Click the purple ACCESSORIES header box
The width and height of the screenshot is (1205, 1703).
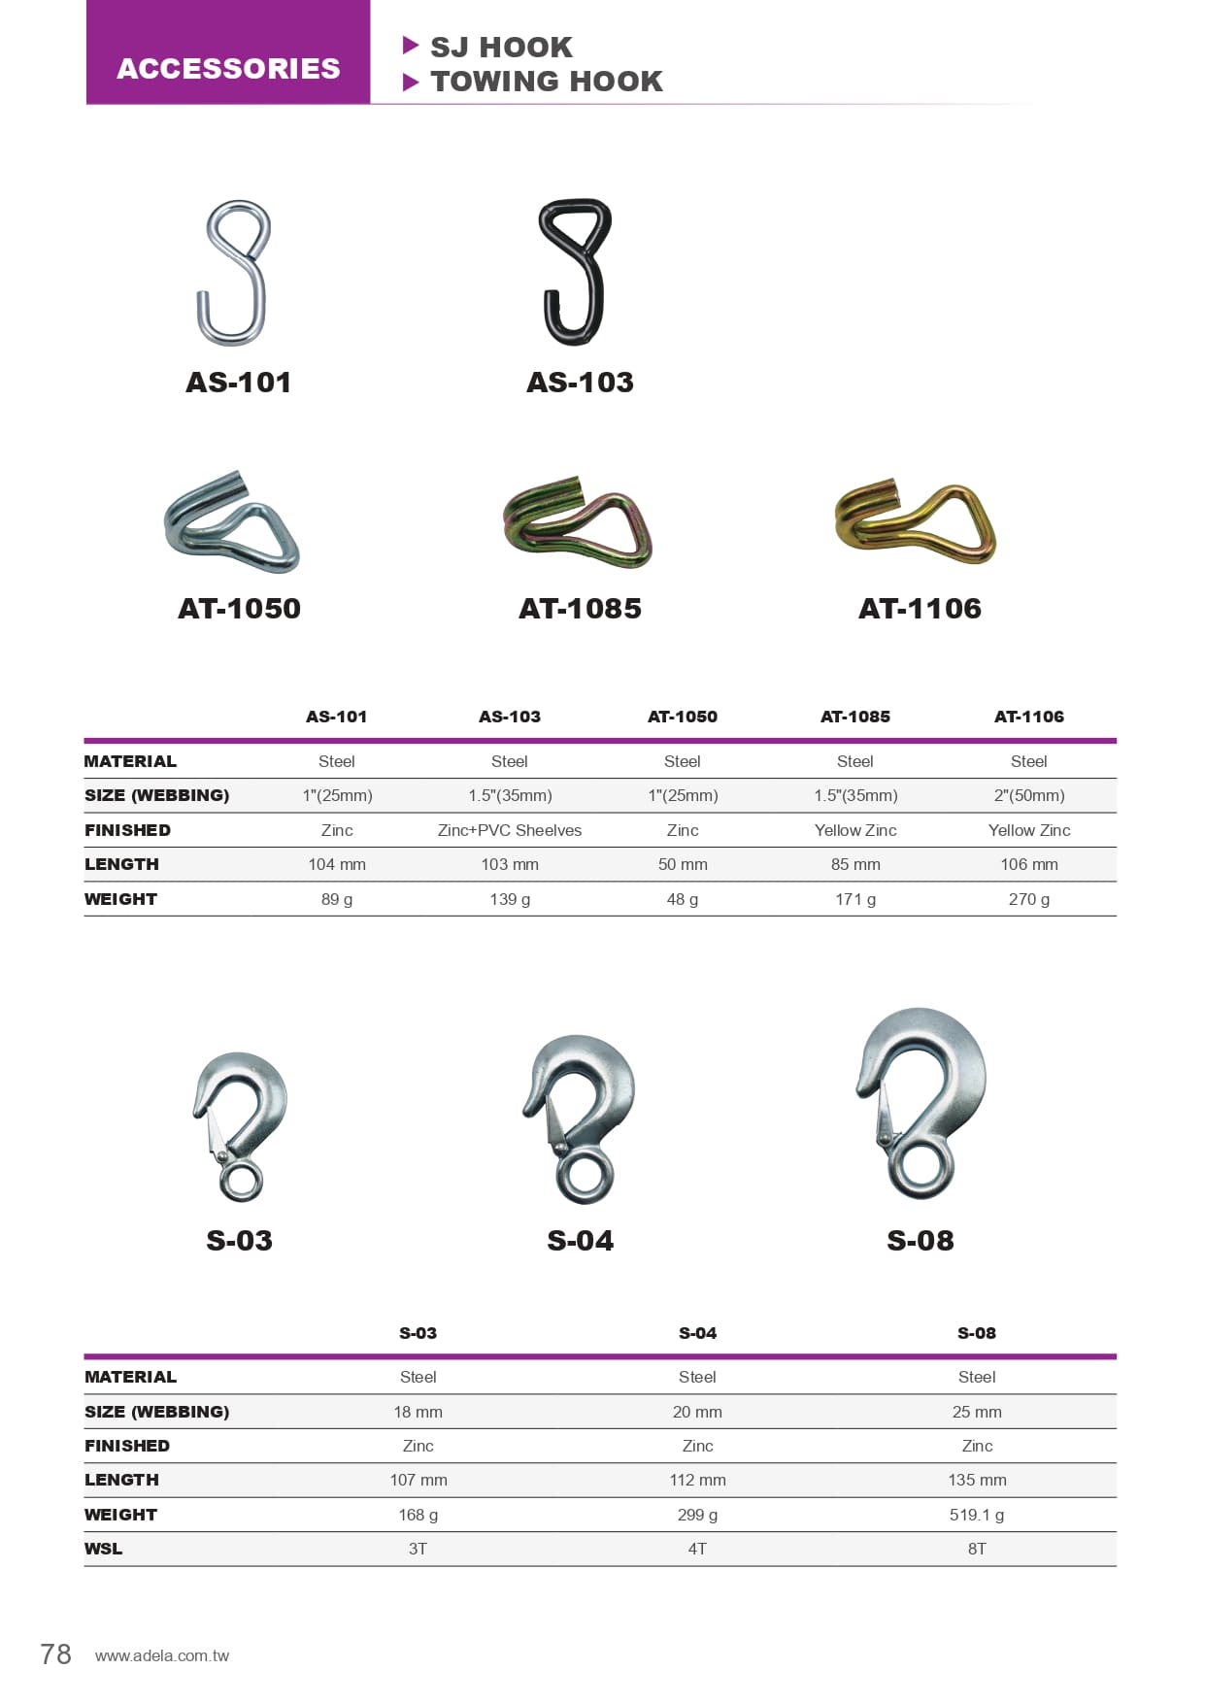[x=228, y=53]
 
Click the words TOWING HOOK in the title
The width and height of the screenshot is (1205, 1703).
[x=547, y=82]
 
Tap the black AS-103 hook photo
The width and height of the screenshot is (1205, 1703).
[x=576, y=272]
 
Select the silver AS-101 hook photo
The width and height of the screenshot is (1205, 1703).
[x=234, y=273]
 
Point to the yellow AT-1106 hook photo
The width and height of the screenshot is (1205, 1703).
[x=916, y=522]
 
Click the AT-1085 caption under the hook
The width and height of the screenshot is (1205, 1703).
[x=580, y=609]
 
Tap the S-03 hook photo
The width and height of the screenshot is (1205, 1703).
[x=240, y=1126]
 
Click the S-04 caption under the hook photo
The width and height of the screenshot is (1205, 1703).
[x=580, y=1241]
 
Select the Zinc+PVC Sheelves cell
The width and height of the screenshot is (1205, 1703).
[x=510, y=830]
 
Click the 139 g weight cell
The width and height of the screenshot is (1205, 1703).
[x=510, y=899]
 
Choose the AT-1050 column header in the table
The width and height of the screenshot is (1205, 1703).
[x=683, y=717]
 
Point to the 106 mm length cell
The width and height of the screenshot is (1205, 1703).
[x=1029, y=864]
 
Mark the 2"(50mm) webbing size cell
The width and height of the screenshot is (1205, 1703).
[x=1029, y=795]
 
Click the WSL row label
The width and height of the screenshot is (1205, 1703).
[x=104, y=1549]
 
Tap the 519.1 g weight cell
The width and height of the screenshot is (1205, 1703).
[x=977, y=1515]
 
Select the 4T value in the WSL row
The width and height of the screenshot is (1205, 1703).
[x=697, y=1549]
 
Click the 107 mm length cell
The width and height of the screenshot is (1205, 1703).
[x=418, y=1480]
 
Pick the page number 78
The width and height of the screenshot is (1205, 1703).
[x=55, y=1654]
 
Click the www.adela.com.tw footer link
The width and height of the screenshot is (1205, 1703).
[x=162, y=1656]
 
